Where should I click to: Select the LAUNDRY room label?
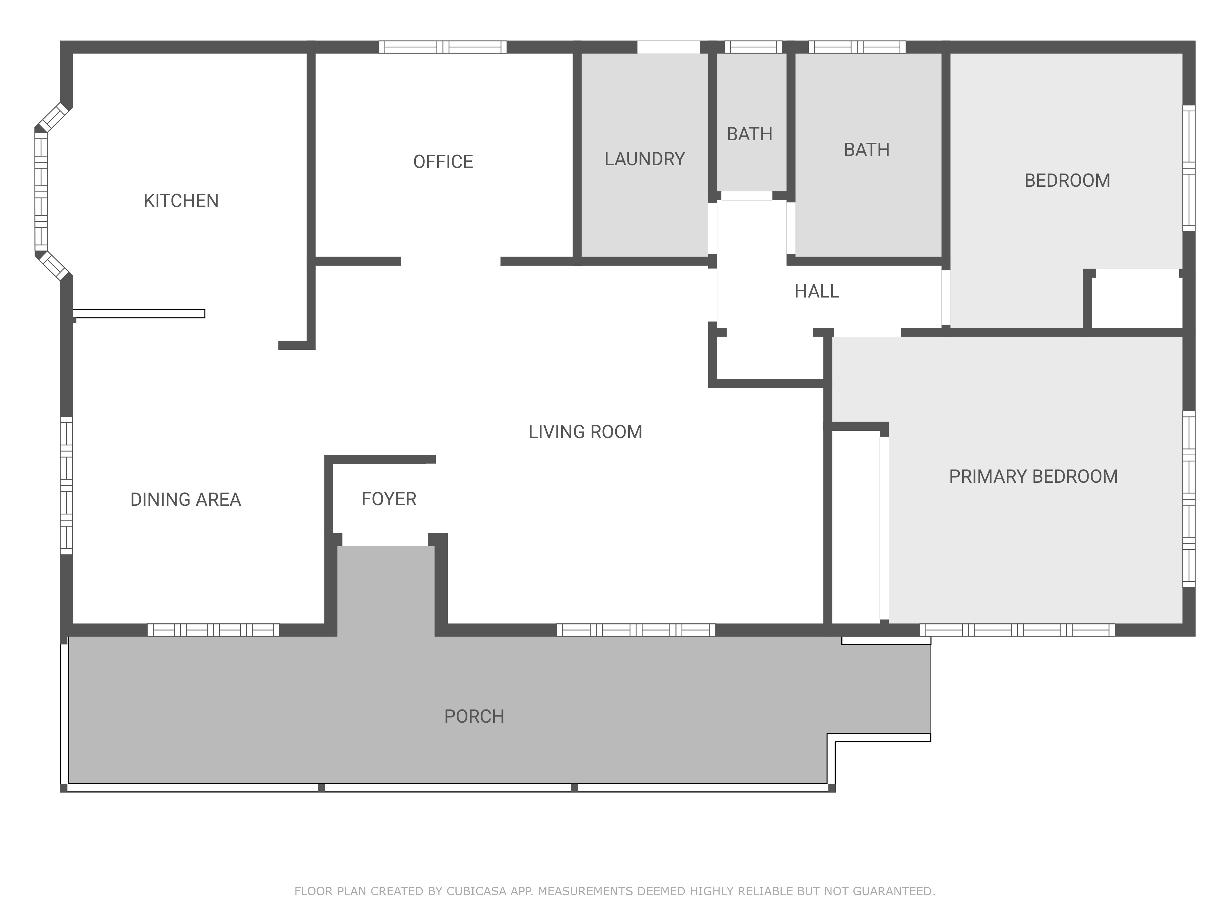(x=645, y=159)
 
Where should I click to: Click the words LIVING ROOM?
(x=585, y=432)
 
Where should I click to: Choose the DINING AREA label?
(x=185, y=500)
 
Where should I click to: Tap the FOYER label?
(x=389, y=499)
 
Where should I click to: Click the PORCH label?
(x=474, y=716)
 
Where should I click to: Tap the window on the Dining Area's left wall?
(x=66, y=485)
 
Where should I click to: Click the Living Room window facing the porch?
(x=636, y=630)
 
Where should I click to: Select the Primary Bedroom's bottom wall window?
(x=1017, y=630)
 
